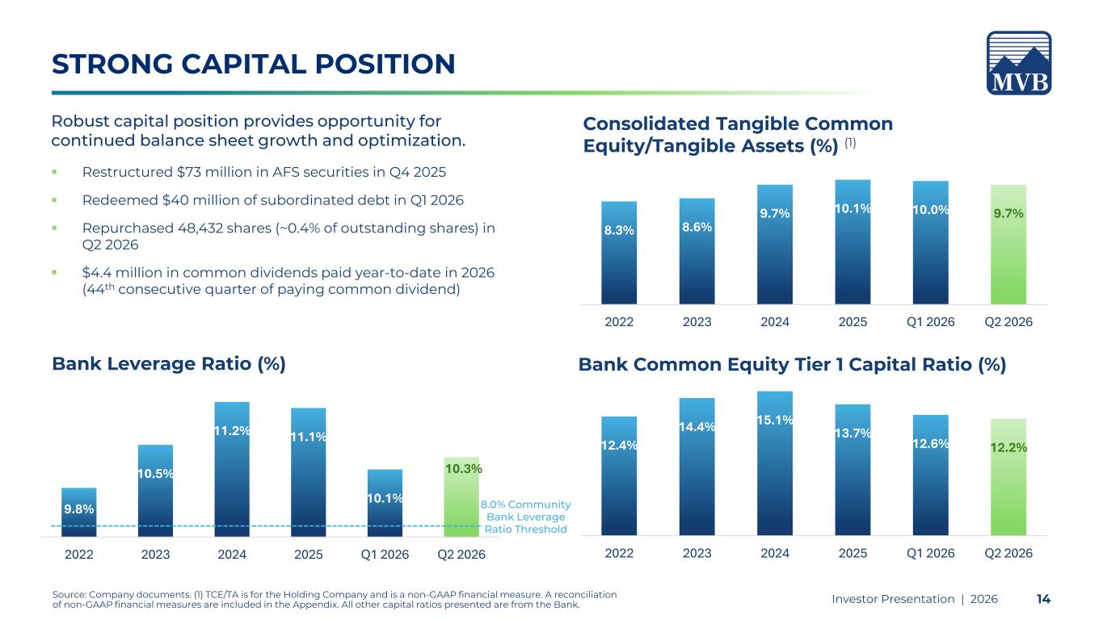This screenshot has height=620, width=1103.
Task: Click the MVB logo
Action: click(1019, 63)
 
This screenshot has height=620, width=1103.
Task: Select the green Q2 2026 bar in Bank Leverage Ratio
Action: click(461, 497)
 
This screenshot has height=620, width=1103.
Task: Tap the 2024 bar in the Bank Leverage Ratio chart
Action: click(232, 469)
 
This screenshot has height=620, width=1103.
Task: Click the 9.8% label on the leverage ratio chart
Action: click(79, 509)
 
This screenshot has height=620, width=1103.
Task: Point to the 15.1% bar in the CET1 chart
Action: click(775, 463)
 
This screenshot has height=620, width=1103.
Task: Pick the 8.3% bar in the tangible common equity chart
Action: click(619, 253)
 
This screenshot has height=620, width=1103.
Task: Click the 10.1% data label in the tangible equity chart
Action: click(853, 208)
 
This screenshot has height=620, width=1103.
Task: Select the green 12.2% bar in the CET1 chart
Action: click(1008, 477)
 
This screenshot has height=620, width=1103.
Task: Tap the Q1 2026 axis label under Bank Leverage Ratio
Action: click(385, 555)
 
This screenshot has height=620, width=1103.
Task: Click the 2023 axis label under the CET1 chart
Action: click(697, 553)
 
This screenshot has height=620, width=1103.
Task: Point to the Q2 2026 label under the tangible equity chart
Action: click(1008, 322)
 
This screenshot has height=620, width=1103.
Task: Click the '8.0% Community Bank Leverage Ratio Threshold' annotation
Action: click(526, 517)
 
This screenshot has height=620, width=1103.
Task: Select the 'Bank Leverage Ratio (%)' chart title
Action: click(169, 364)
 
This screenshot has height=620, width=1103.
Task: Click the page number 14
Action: click(1043, 599)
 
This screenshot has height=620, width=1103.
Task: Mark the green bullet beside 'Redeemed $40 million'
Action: click(55, 200)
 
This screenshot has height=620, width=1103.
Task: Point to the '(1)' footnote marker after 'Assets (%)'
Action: click(850, 143)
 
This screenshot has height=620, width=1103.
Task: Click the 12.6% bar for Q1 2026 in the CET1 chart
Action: click(931, 475)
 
